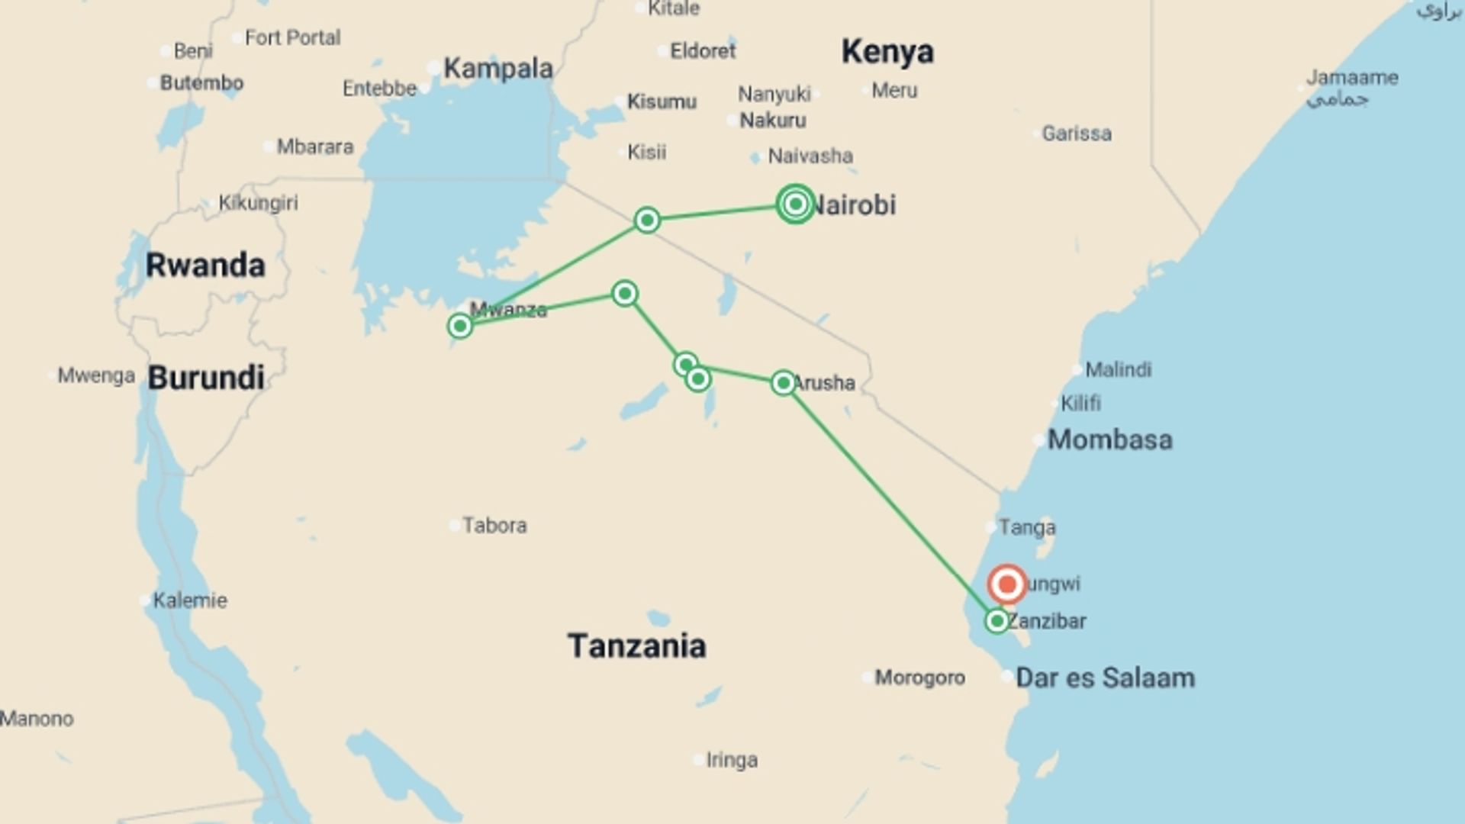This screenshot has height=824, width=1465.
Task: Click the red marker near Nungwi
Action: pyautogui.click(x=1006, y=584)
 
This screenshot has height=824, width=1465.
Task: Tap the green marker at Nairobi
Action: pyautogui.click(x=795, y=204)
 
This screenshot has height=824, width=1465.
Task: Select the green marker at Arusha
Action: pyautogui.click(x=783, y=382)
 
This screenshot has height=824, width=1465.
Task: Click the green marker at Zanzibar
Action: pyautogui.click(x=997, y=621)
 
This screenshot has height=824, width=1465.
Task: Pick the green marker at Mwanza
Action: pyautogui.click(x=459, y=326)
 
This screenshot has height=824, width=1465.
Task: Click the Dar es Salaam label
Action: pyautogui.click(x=1105, y=678)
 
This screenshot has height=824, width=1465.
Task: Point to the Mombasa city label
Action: pyautogui.click(x=1109, y=439)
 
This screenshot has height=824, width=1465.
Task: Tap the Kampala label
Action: pyautogui.click(x=498, y=68)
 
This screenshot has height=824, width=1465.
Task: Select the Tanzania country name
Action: pyautogui.click(x=636, y=646)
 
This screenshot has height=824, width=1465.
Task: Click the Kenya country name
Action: pyautogui.click(x=887, y=51)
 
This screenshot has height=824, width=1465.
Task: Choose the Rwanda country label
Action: pyautogui.click(x=205, y=265)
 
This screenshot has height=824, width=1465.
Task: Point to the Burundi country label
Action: pyautogui.click(x=206, y=378)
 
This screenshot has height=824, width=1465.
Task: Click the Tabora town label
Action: pyautogui.click(x=494, y=525)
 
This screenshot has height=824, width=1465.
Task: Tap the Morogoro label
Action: pyautogui.click(x=919, y=678)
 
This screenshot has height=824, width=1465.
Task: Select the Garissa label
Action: pyautogui.click(x=1076, y=134)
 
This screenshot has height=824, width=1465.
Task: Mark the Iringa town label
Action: pyautogui.click(x=732, y=760)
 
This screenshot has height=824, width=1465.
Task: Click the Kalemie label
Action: pyautogui.click(x=190, y=600)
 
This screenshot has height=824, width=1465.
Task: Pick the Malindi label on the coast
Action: pyautogui.click(x=1118, y=370)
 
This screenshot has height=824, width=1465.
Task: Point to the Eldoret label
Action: pyautogui.click(x=703, y=51)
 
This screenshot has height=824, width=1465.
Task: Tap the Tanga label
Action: pyautogui.click(x=1027, y=527)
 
